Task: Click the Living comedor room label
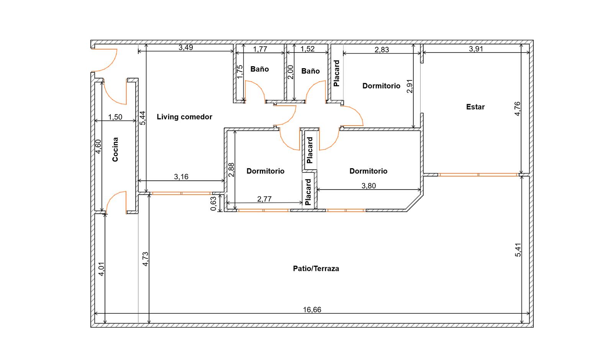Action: pos(184,117)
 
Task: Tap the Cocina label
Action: pos(115,149)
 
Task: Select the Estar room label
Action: pos(475,107)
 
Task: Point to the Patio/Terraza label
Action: pos(316,268)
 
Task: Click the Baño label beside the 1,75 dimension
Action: pos(259,69)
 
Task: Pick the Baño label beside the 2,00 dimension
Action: pos(310,71)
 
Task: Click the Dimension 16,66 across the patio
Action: pos(312,310)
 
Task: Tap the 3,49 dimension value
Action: pos(186,47)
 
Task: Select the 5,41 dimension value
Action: pos(518,250)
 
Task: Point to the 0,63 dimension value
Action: pos(213,204)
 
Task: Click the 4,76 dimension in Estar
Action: pos(517,109)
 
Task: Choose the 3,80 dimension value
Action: pos(369,186)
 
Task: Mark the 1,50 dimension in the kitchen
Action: pos(115,117)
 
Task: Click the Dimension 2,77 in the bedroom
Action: pos(264,199)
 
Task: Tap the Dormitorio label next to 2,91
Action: pos(381,86)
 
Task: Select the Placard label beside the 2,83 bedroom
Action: pos(337,73)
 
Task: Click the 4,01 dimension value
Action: pos(101,269)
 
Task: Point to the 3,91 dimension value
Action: pos(476,49)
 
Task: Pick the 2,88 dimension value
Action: pos(231,170)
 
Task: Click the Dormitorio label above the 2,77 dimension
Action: pos(266,171)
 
